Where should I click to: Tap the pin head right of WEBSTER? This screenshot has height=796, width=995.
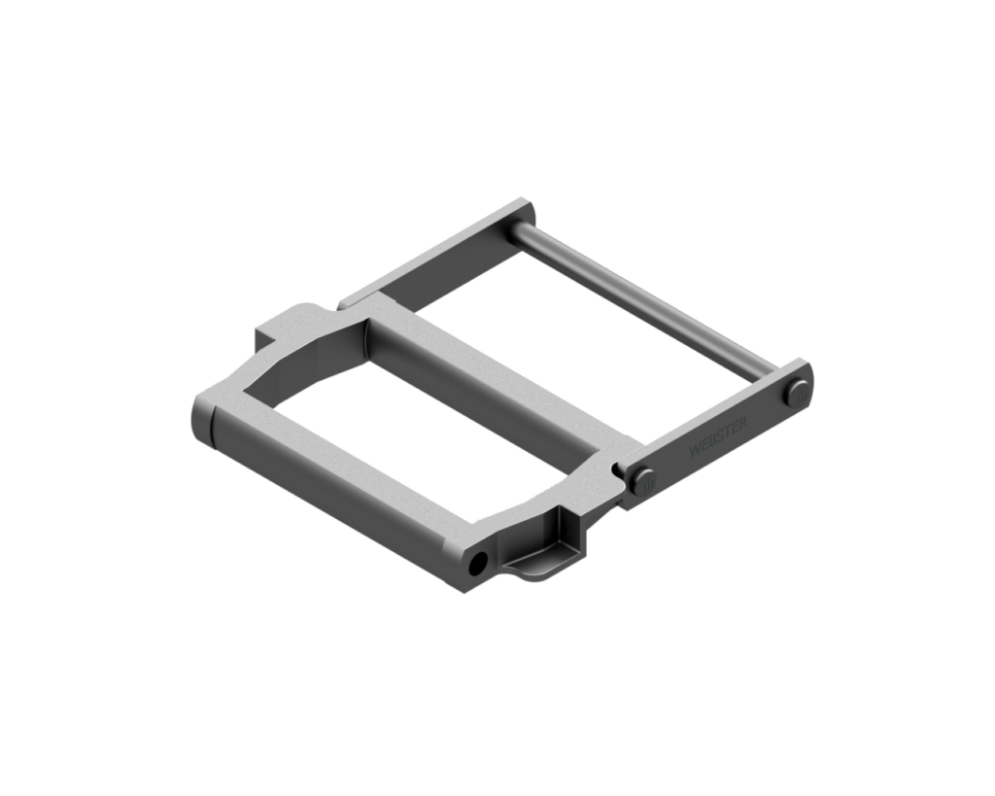pos(800,396)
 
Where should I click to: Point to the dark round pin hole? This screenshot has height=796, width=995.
pos(478,564)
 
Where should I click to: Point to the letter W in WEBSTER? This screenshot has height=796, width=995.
pos(692,454)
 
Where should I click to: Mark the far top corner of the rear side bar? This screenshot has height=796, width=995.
pos(530,202)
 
